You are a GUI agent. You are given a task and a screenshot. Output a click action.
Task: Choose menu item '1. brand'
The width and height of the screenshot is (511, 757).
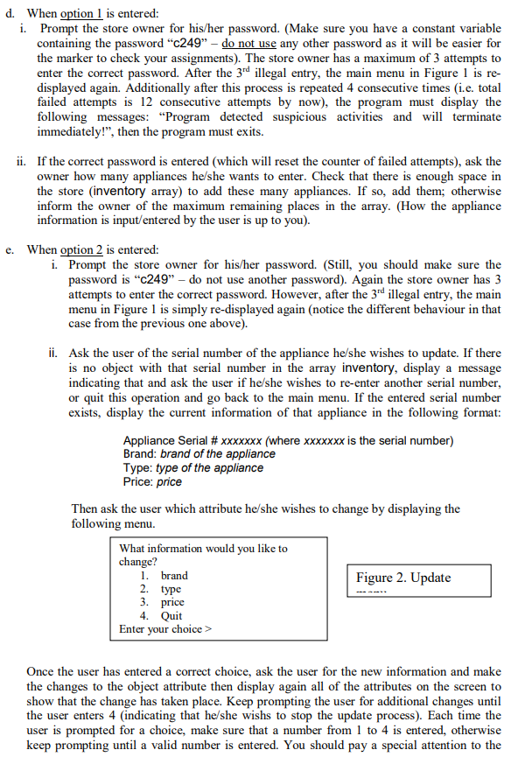(164, 576)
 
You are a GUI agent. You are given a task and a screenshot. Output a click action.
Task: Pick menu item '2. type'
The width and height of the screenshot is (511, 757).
(161, 589)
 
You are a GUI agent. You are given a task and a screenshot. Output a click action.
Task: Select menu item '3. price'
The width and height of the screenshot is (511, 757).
(163, 602)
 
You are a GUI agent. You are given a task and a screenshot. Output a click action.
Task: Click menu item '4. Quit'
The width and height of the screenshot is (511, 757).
(162, 615)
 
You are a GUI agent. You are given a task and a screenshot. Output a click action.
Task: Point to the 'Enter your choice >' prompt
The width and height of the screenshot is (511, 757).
(165, 629)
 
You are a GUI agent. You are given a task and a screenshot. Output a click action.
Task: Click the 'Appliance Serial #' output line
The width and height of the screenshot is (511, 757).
(288, 440)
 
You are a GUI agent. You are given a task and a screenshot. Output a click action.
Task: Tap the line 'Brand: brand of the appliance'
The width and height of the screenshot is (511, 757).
(199, 454)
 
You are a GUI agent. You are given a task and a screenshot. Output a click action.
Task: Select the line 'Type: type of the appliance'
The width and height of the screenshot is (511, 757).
(192, 467)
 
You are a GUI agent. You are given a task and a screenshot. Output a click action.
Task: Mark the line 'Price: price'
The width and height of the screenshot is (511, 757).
(152, 481)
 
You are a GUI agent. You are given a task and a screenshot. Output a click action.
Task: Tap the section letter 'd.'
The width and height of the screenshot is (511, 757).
(10, 14)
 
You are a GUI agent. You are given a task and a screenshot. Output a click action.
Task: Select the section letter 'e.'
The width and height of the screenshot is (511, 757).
(10, 249)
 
